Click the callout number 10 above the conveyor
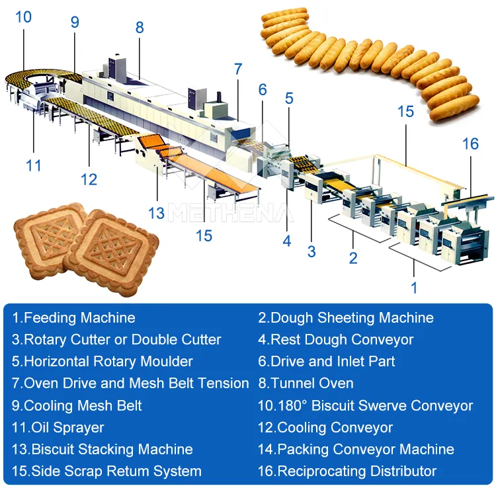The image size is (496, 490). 23,17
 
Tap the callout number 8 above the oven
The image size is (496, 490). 140,27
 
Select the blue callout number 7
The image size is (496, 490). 238,69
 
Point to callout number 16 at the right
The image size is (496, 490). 470,144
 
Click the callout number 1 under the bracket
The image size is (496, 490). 414,288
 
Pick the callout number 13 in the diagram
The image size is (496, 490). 156,213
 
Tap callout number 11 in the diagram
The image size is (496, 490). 34,165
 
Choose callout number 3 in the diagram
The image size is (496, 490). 311,251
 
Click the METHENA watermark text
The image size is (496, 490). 231,213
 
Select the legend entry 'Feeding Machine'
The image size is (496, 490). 73,317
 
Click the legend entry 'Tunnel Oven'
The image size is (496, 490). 306,383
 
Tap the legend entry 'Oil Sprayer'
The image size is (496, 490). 58,427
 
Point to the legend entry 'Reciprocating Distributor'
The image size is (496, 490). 347,471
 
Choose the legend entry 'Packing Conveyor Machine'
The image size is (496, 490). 356,449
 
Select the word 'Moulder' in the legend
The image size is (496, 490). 167,361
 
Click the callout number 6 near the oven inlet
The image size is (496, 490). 263,90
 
